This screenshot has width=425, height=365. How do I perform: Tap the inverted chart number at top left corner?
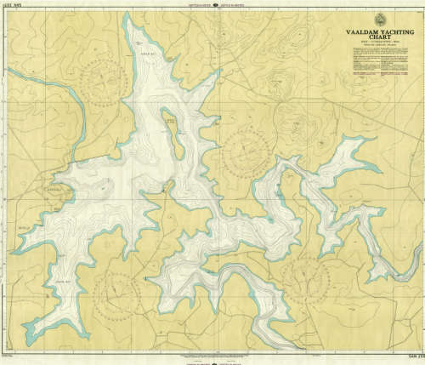coord(12,6)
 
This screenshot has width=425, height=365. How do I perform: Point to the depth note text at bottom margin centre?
coord(212,354)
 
